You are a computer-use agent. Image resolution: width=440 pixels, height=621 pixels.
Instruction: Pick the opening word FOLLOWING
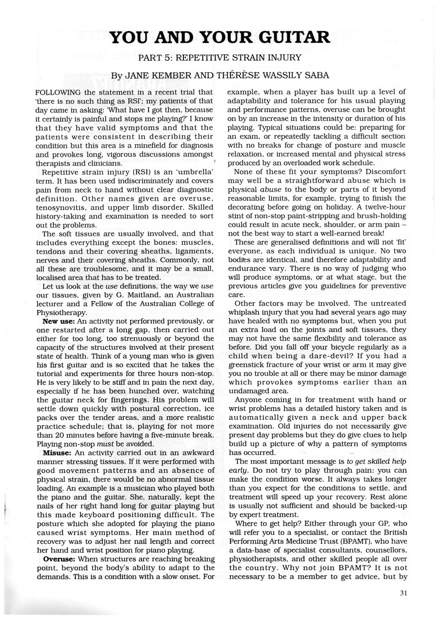[59, 92]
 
